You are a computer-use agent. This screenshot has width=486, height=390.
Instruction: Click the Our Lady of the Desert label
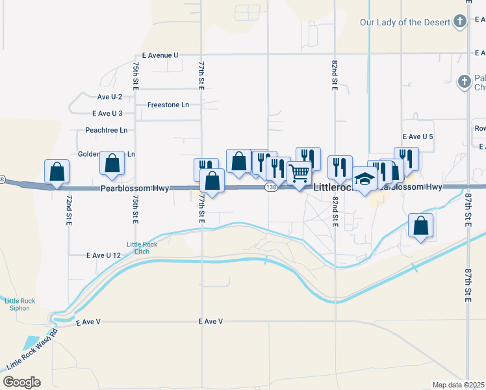point(405,23)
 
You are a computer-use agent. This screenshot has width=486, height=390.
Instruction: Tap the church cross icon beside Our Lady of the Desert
point(460,23)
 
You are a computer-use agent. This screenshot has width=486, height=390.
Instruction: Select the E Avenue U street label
point(156,55)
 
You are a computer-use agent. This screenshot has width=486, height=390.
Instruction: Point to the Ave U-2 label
point(109,97)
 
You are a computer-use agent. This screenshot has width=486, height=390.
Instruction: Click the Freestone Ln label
point(168,105)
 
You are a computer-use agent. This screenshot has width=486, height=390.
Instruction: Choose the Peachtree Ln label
point(107,130)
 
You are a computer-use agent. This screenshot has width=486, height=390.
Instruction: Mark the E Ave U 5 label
point(418,137)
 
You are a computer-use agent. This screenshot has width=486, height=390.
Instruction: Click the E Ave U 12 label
point(103,255)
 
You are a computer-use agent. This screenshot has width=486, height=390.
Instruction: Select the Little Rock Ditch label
point(142,248)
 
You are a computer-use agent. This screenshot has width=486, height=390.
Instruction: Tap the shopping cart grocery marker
point(298,173)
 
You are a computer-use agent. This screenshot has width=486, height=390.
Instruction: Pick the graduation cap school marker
point(365,179)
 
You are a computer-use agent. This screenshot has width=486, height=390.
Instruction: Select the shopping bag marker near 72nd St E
point(57,172)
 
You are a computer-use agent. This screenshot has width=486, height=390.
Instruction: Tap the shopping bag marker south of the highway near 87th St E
point(421,226)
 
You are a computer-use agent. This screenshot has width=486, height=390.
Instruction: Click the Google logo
point(21,382)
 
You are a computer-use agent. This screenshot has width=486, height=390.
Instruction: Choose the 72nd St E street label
point(69,210)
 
